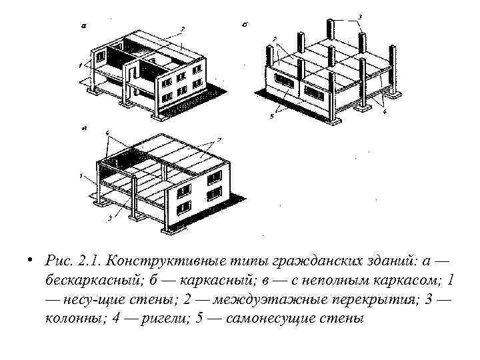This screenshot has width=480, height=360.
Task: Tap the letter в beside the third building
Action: (82, 125)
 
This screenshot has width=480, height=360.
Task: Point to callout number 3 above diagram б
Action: (360, 15)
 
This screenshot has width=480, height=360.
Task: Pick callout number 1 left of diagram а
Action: (79, 65)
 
